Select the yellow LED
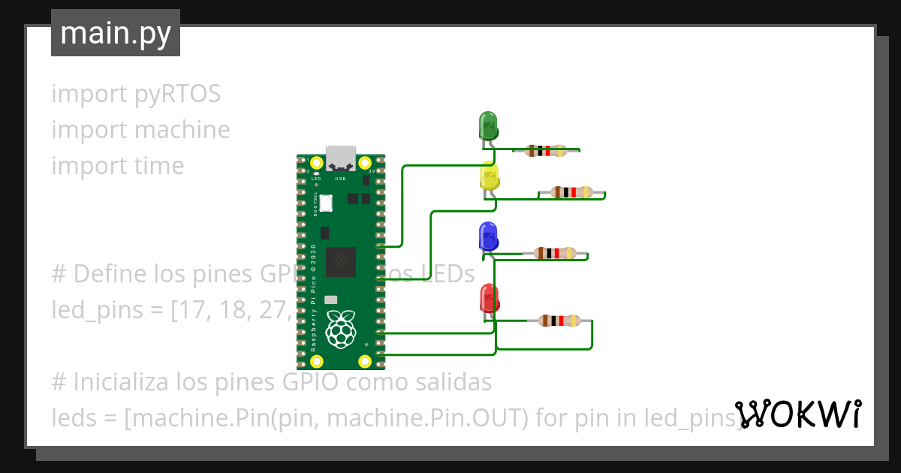click(489, 176)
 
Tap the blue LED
click(488, 236)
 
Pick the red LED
click(489, 299)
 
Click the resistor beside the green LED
click(546, 151)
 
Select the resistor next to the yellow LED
click(571, 192)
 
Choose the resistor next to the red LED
click(559, 321)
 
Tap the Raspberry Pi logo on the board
click(341, 329)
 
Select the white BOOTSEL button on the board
click(326, 203)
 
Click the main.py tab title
click(116, 33)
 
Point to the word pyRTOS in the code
click(178, 94)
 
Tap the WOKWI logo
click(798, 414)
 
